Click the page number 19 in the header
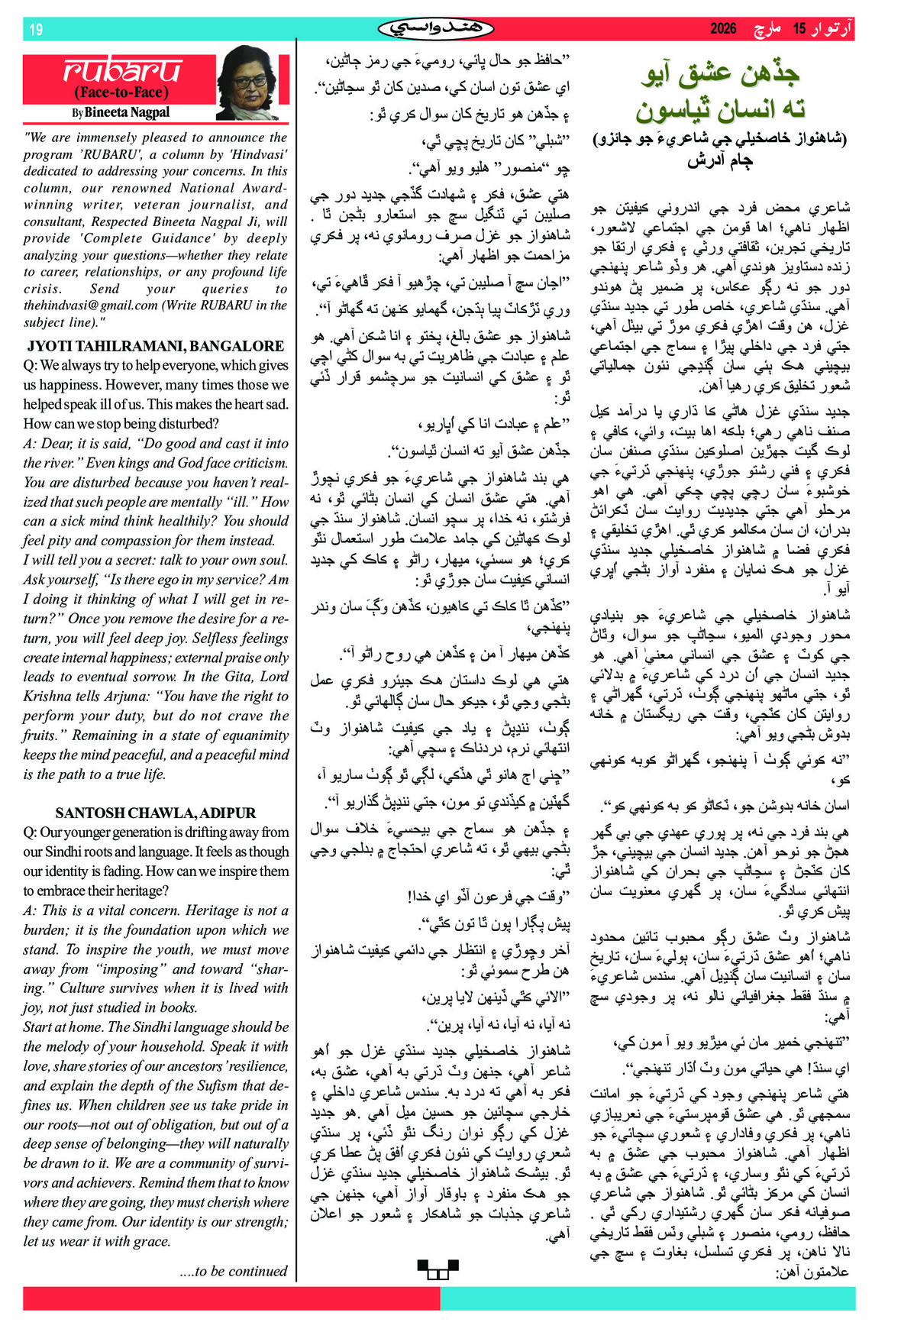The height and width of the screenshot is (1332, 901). point(36,30)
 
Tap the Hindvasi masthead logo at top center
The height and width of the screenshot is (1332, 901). point(436,29)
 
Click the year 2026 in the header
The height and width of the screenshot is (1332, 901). point(723,29)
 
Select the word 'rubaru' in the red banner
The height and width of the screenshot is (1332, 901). point(122,71)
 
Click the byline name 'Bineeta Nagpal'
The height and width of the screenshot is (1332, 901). point(127,112)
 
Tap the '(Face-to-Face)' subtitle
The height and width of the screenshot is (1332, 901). point(121,93)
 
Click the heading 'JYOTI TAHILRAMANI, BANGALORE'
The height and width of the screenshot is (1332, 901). point(156,346)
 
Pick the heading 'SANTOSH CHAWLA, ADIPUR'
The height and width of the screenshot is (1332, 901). point(156,813)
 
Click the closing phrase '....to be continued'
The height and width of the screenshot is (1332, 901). point(234,1271)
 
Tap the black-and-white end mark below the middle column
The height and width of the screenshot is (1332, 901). point(438,1269)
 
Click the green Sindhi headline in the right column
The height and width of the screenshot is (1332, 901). point(721,92)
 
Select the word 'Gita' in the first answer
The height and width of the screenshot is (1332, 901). point(231,677)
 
